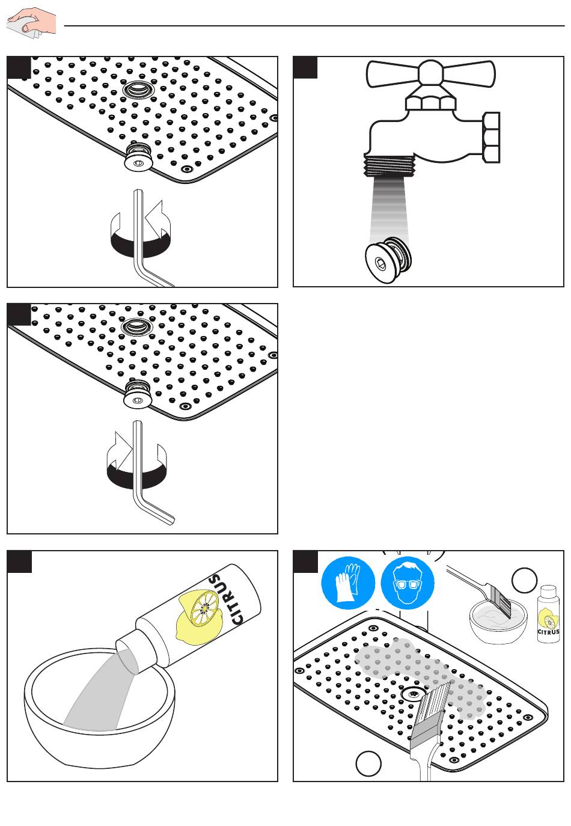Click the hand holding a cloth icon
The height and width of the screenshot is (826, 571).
(x=31, y=23)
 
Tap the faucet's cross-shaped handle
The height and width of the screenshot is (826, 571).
(x=430, y=74)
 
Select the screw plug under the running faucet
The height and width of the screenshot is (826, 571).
(x=388, y=259)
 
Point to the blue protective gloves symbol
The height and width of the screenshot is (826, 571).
(x=348, y=583)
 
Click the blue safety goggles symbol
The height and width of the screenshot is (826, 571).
(x=408, y=583)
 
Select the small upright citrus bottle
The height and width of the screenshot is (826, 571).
(x=548, y=614)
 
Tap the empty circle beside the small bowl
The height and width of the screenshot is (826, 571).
(x=524, y=580)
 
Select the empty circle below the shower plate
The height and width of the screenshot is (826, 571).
(x=368, y=763)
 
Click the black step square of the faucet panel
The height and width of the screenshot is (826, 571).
(x=305, y=67)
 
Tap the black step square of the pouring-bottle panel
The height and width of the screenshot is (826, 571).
(x=19, y=561)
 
